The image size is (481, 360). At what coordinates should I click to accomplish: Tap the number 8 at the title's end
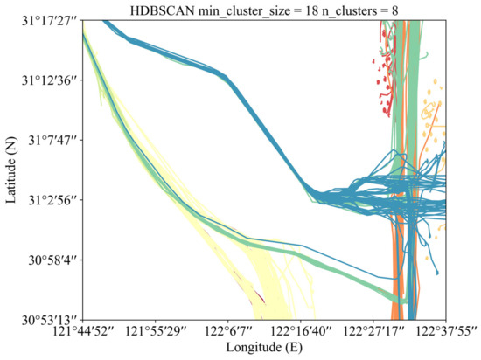coord(392,9)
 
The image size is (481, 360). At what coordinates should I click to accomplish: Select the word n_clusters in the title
coord(340,9)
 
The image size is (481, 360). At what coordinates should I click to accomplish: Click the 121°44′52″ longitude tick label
coord(83,333)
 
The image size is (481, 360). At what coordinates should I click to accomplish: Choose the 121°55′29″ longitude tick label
coord(156,333)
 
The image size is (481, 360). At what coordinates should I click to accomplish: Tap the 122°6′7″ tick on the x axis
coord(229,333)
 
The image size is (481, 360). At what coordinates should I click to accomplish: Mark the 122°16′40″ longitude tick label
coord(302,333)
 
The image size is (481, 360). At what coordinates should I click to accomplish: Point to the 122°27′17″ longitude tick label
coord(374,333)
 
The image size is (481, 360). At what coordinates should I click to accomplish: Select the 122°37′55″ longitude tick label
coord(444,333)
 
